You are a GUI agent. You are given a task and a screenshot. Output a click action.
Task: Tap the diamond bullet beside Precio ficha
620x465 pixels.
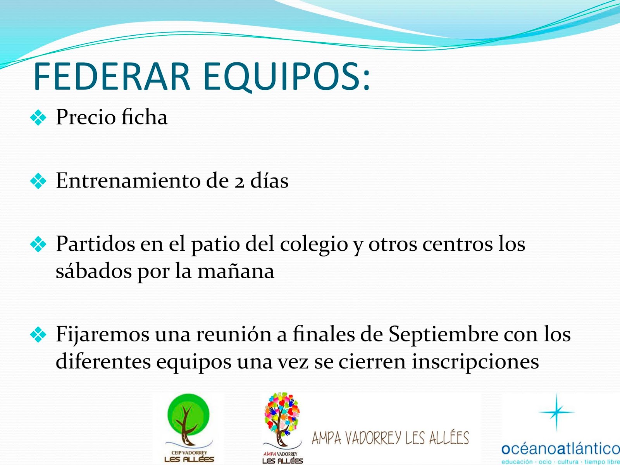(38, 117)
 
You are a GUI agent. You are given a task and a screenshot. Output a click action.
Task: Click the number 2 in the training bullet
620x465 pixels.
(239, 183)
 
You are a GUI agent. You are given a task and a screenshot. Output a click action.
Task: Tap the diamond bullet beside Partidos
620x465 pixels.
(38, 244)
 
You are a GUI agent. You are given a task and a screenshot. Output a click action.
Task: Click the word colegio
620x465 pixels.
(314, 245)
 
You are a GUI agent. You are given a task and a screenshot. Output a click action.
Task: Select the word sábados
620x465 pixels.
(94, 270)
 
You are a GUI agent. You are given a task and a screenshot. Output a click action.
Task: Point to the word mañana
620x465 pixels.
(236, 271)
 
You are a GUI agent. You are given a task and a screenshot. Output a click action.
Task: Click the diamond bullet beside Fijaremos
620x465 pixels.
(38, 334)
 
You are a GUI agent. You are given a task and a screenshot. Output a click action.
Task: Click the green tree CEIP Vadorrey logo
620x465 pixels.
(189, 427)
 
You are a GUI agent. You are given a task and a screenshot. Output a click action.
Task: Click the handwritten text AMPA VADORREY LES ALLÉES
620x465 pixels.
(390, 438)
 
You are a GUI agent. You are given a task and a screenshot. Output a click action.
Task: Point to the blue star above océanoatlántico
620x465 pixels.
(557, 412)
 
